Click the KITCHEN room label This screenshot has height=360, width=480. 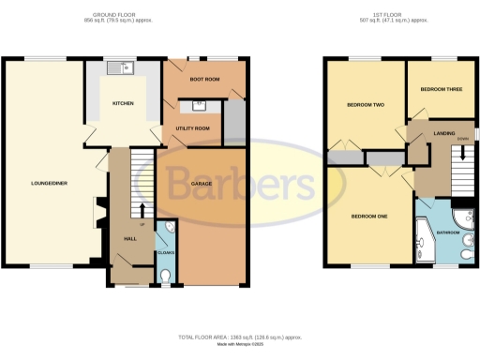pos(124,104)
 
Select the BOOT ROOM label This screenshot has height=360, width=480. pos(204,81)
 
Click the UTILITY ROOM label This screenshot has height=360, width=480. pos(192,127)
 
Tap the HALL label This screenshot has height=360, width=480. pos(130,238)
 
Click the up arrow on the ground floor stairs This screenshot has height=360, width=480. pos(142,209)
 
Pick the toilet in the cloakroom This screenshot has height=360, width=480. pos(165,276)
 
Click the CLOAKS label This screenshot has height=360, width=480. pos(165,252)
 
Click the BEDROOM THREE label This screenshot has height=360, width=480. pos(441,90)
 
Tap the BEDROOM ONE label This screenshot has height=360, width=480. pos(369,216)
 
